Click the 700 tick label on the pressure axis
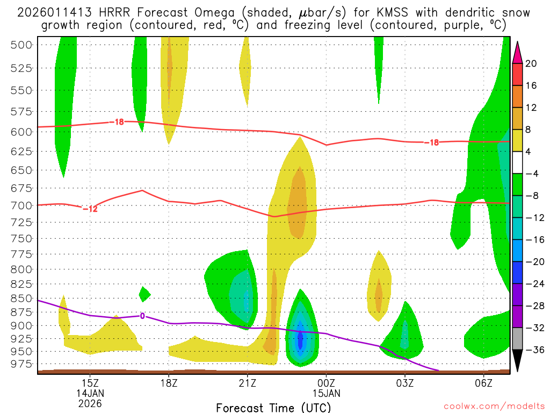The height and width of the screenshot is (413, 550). [x=21, y=205]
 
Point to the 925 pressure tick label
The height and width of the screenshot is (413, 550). [x=21, y=338]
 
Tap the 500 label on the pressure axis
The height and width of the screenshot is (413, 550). [x=21, y=45]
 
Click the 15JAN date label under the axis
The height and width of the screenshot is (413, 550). [x=326, y=393]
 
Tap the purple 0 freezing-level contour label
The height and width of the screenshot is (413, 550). [x=142, y=316]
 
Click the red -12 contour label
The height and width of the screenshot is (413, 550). [x=90, y=209]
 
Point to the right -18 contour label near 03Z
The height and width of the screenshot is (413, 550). [x=431, y=143]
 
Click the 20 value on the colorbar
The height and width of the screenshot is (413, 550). [x=531, y=63]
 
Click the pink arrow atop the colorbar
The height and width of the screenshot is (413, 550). [x=518, y=52]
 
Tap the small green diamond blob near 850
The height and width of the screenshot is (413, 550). [x=144, y=294]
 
